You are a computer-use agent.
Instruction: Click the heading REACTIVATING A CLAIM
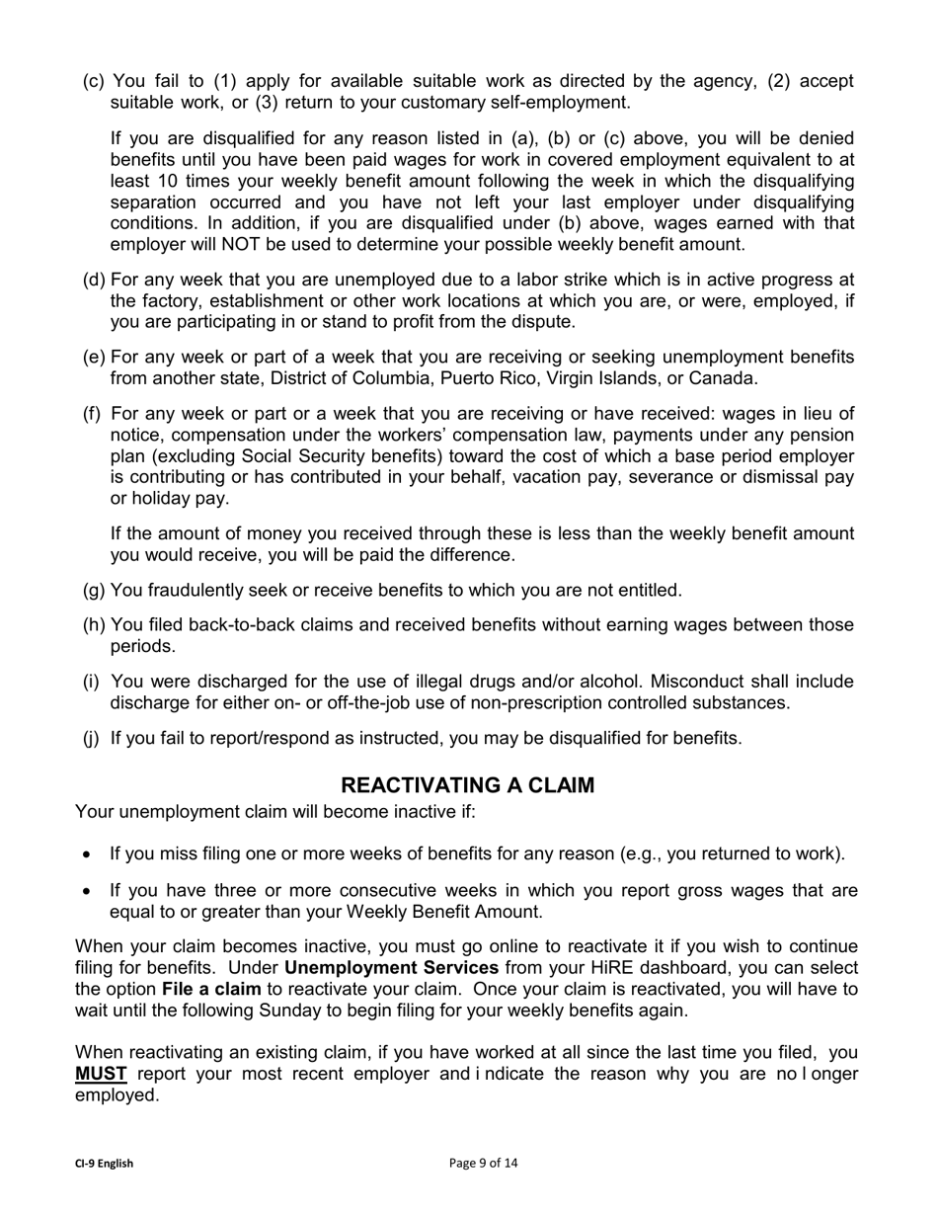[x=468, y=785]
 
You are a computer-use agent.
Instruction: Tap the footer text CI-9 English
[x=104, y=1164]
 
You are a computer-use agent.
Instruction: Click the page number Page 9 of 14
[x=483, y=1163]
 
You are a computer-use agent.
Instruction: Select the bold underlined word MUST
[x=101, y=1074]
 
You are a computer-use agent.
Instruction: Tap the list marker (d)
[x=94, y=281]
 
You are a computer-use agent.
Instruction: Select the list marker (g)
[x=94, y=591]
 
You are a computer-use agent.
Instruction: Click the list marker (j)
[x=92, y=738]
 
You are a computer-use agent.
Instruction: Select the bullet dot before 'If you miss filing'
[x=89, y=854]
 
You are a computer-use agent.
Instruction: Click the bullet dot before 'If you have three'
[x=89, y=892]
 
